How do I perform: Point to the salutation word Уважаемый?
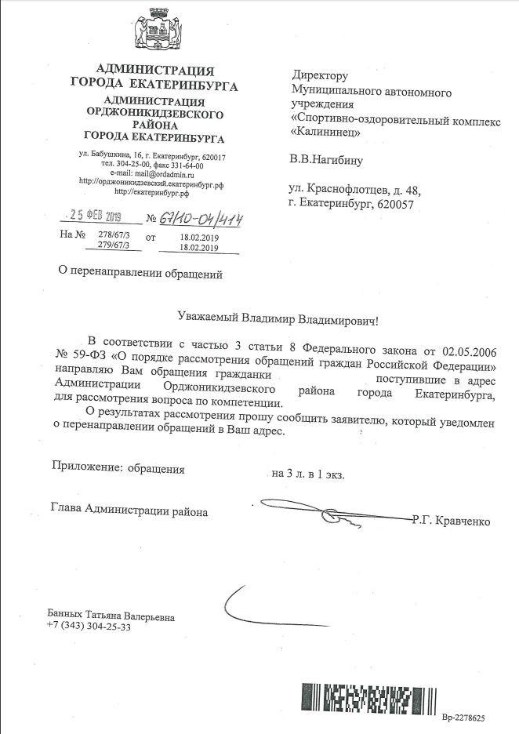click(x=206, y=319)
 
